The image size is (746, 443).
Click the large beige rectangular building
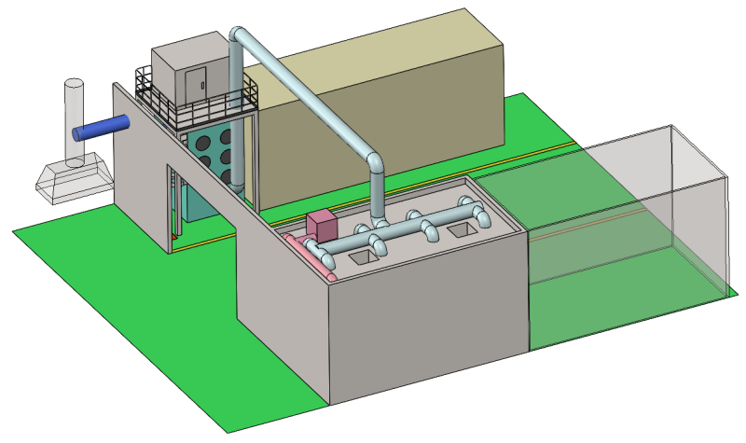coord(392,103)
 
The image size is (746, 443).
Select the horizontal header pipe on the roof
coord(410,234)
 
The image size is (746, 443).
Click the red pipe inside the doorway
coord(174,210)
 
